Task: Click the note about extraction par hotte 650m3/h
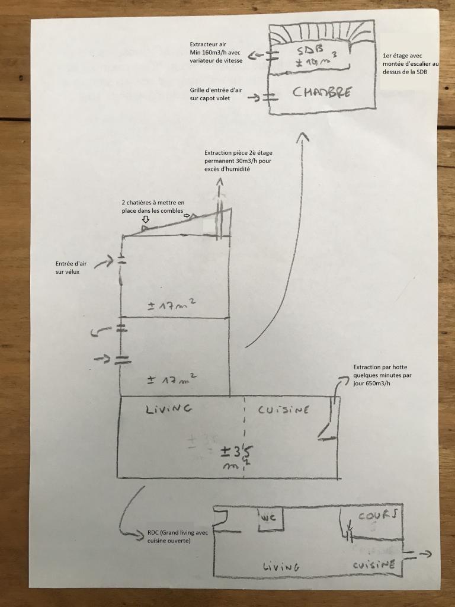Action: tap(382, 375)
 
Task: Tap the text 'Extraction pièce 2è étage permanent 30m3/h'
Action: tap(238, 161)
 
